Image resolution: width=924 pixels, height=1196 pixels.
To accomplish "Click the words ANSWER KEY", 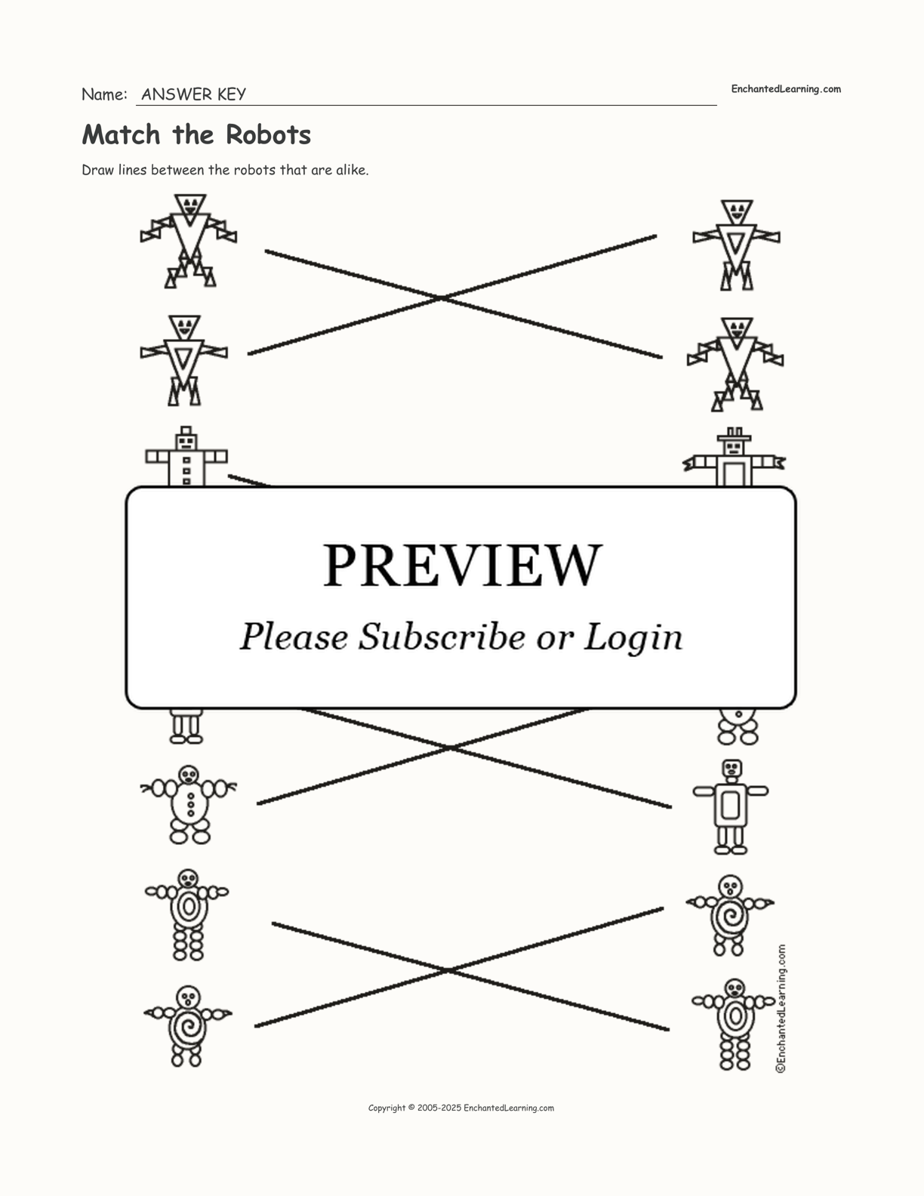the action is tap(193, 94).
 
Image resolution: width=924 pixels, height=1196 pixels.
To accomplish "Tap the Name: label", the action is tap(104, 94).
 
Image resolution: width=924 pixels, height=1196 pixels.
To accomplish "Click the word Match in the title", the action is tap(121, 135).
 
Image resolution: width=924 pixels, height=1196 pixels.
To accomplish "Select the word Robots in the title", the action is tap(268, 135).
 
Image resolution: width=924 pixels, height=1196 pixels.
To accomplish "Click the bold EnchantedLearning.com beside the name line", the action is tap(786, 89).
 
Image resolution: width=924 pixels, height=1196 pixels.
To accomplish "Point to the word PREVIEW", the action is tap(462, 566).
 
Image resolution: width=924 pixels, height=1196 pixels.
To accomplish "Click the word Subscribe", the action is tap(442, 637).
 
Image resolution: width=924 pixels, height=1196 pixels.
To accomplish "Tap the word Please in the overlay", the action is tap(294, 637).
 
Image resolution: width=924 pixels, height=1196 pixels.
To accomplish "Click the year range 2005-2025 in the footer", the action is tap(439, 1108).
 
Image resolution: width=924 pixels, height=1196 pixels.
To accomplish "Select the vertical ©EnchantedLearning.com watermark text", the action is tap(781, 1009).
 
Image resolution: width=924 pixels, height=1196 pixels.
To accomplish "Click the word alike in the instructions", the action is tap(353, 170).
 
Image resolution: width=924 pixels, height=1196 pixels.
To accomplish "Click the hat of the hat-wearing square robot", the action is tap(734, 435).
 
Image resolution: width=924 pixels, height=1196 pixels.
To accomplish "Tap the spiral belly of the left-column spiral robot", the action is tap(188, 1026).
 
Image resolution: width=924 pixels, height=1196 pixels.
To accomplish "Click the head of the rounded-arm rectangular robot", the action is tap(731, 769).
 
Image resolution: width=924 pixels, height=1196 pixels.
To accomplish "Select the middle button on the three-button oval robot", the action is tap(191, 804).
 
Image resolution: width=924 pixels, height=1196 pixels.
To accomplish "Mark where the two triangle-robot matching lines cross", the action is tap(442, 297).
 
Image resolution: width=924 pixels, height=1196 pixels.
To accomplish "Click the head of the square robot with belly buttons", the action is tap(186, 441).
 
